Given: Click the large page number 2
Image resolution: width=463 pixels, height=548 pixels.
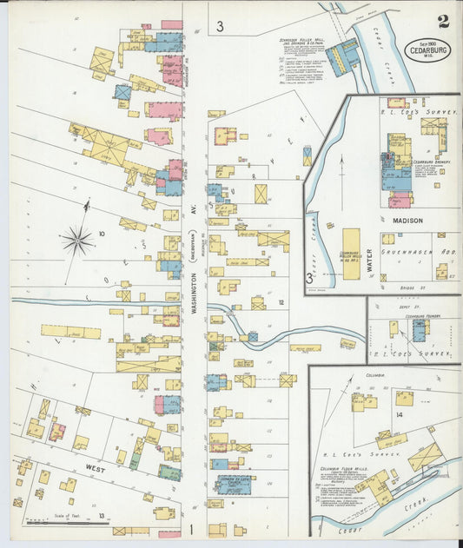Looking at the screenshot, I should [x=443, y=21].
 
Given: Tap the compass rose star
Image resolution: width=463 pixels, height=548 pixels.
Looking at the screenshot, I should [x=78, y=240].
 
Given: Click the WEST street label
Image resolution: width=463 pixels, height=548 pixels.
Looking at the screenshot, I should [x=96, y=468].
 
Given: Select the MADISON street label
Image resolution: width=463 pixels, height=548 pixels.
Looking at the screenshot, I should [x=407, y=221].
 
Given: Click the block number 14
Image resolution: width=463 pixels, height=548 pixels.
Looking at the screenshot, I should [x=399, y=415].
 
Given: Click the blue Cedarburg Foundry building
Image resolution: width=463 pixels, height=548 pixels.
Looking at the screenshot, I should [x=419, y=330].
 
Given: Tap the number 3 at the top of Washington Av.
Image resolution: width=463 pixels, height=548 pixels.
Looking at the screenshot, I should [x=221, y=27].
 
